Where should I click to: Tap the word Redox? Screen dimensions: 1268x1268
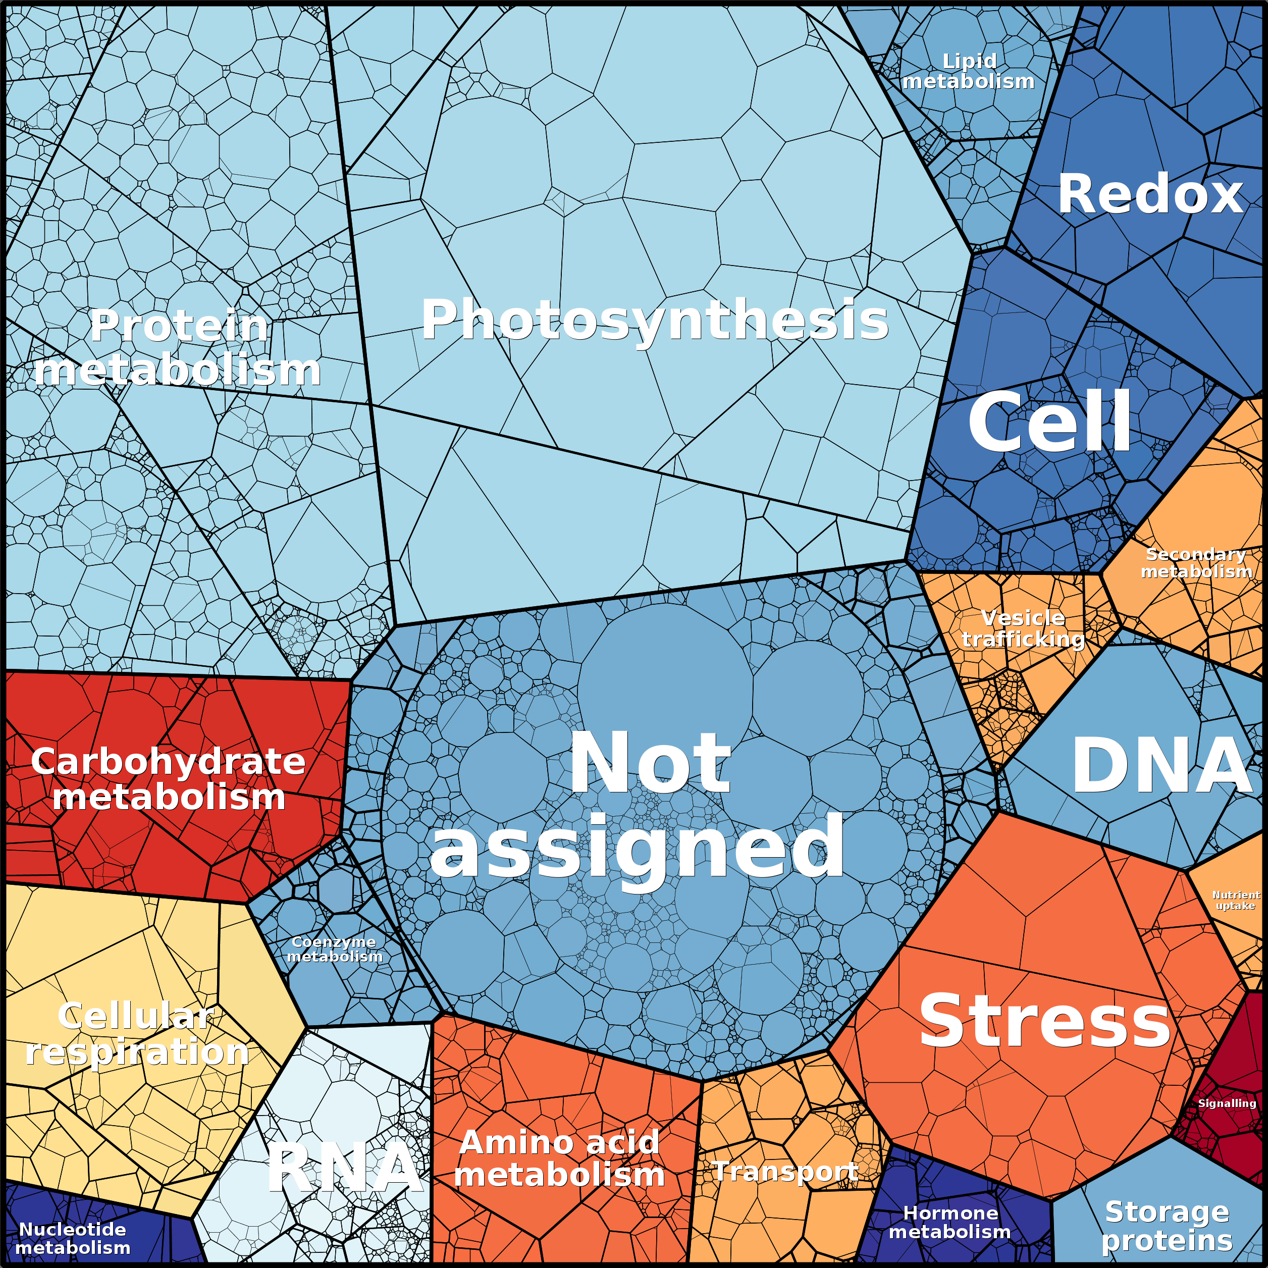tap(1150, 194)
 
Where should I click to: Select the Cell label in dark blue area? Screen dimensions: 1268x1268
tap(1049, 421)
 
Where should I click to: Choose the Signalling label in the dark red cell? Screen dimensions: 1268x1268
tap(1227, 1103)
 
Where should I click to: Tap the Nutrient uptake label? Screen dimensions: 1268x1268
tap(1235, 900)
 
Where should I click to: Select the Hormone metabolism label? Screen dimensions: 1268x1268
tap(949, 1222)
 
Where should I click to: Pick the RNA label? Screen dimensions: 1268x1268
tap(345, 1168)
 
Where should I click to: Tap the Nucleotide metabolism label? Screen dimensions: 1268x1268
tap(73, 1238)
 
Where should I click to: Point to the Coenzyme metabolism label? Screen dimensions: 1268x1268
tap(334, 949)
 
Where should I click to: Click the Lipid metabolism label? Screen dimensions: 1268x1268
tap(968, 71)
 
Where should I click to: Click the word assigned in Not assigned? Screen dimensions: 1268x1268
tap(637, 847)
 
